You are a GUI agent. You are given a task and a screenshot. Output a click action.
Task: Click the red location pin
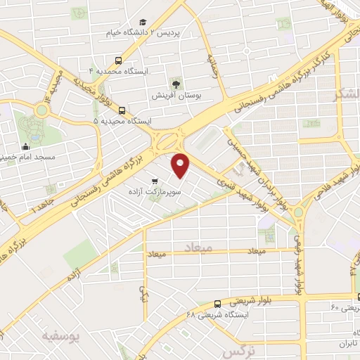tap(181, 165)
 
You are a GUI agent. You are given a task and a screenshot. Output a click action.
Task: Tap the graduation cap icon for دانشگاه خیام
tap(144, 22)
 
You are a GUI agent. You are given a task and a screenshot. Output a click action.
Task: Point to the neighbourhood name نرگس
tap(237, 350)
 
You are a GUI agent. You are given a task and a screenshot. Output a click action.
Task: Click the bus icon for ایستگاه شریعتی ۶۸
tap(217, 304)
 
